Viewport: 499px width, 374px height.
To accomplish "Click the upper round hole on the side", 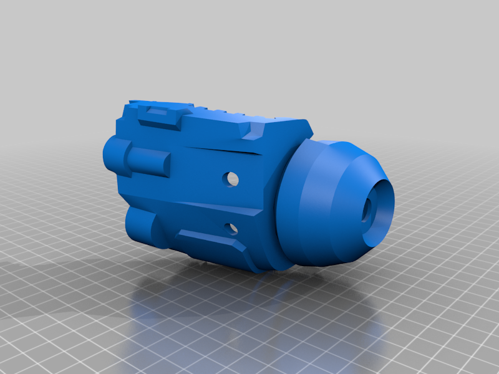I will click(233, 179).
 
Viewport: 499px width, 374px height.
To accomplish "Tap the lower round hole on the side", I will click(232, 228).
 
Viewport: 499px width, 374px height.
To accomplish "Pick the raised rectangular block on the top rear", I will click(160, 115).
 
